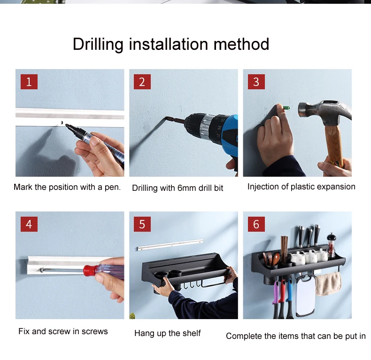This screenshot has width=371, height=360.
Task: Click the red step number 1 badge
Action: pos(29,82)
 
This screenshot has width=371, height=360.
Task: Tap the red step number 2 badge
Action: pos(142,82)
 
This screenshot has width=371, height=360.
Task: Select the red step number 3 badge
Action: pos(256,82)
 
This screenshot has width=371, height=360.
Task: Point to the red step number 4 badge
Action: pos(29,224)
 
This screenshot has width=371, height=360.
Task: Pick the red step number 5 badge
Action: pos(142,224)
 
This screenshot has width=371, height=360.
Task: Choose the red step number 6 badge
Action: pos(256,224)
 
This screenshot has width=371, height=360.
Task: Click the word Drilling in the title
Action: pos(98,44)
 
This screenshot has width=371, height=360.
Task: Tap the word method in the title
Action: pos(241,44)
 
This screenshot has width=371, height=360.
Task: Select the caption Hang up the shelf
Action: pos(168,333)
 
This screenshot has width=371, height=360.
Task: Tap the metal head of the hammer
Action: pos(324,110)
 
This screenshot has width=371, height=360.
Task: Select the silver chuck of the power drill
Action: pos(206,127)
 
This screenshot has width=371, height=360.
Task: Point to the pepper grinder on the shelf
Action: pos(331,245)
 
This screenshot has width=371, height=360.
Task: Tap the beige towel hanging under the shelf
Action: pos(328,284)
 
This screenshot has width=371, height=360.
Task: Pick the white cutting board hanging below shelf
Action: pos(305,295)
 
